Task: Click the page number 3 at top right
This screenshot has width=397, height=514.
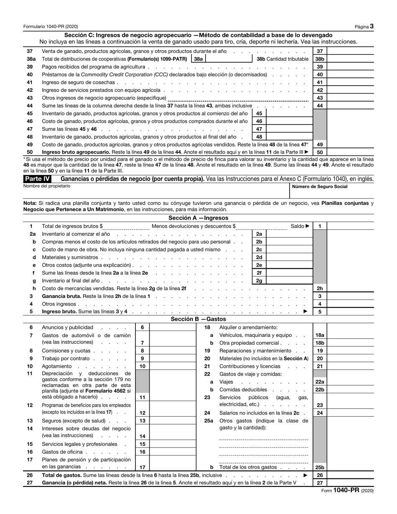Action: (x=372, y=26)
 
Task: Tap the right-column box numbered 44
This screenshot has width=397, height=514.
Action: (x=320, y=106)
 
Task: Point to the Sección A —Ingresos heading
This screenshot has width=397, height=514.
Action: (x=198, y=218)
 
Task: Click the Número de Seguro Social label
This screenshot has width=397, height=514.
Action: (x=320, y=186)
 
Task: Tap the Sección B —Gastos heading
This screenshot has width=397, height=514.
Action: (x=198, y=319)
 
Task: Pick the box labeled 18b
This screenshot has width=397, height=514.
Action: (x=320, y=343)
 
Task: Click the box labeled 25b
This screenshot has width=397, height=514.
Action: (x=320, y=467)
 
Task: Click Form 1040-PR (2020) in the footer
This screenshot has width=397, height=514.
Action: (x=347, y=491)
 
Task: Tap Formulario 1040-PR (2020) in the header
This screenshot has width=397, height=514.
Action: (x=50, y=26)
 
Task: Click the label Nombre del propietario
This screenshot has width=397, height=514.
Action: (x=47, y=186)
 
